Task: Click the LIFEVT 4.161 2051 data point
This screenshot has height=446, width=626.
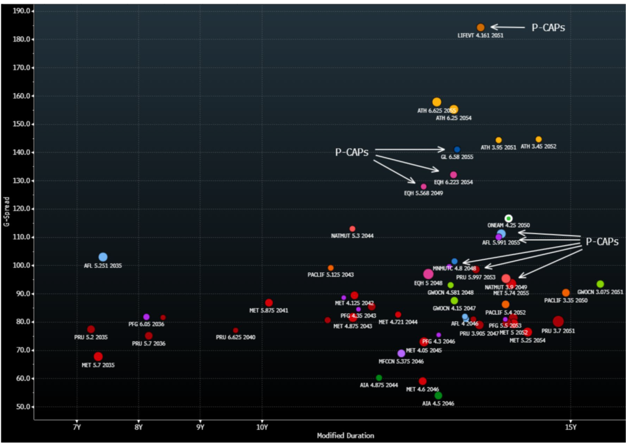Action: [x=481, y=28]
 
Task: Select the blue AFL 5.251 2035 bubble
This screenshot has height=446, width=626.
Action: [x=103, y=257]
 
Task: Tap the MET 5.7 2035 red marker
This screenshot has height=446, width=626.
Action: [x=98, y=357]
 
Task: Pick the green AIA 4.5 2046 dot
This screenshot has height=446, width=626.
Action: [x=438, y=395]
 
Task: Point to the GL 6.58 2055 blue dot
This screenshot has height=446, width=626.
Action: [x=457, y=149]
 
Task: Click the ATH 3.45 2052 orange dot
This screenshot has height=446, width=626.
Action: [x=539, y=139]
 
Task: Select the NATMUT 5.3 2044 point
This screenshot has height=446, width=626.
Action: [x=352, y=229]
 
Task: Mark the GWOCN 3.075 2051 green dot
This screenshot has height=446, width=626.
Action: [x=600, y=284]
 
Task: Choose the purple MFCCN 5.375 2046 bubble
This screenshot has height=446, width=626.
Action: [x=401, y=354]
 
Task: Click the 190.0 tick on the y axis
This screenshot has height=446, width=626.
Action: [x=23, y=11]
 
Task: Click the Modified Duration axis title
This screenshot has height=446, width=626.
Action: [x=345, y=436]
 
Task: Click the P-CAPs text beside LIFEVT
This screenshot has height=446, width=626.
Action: [x=548, y=28]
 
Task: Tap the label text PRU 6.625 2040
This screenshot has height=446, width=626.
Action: [x=235, y=338]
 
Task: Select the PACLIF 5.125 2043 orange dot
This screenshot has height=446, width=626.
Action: [x=331, y=268]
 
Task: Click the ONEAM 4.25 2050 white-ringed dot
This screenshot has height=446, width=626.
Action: [x=509, y=218]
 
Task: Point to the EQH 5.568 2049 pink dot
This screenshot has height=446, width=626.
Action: [x=424, y=187]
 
